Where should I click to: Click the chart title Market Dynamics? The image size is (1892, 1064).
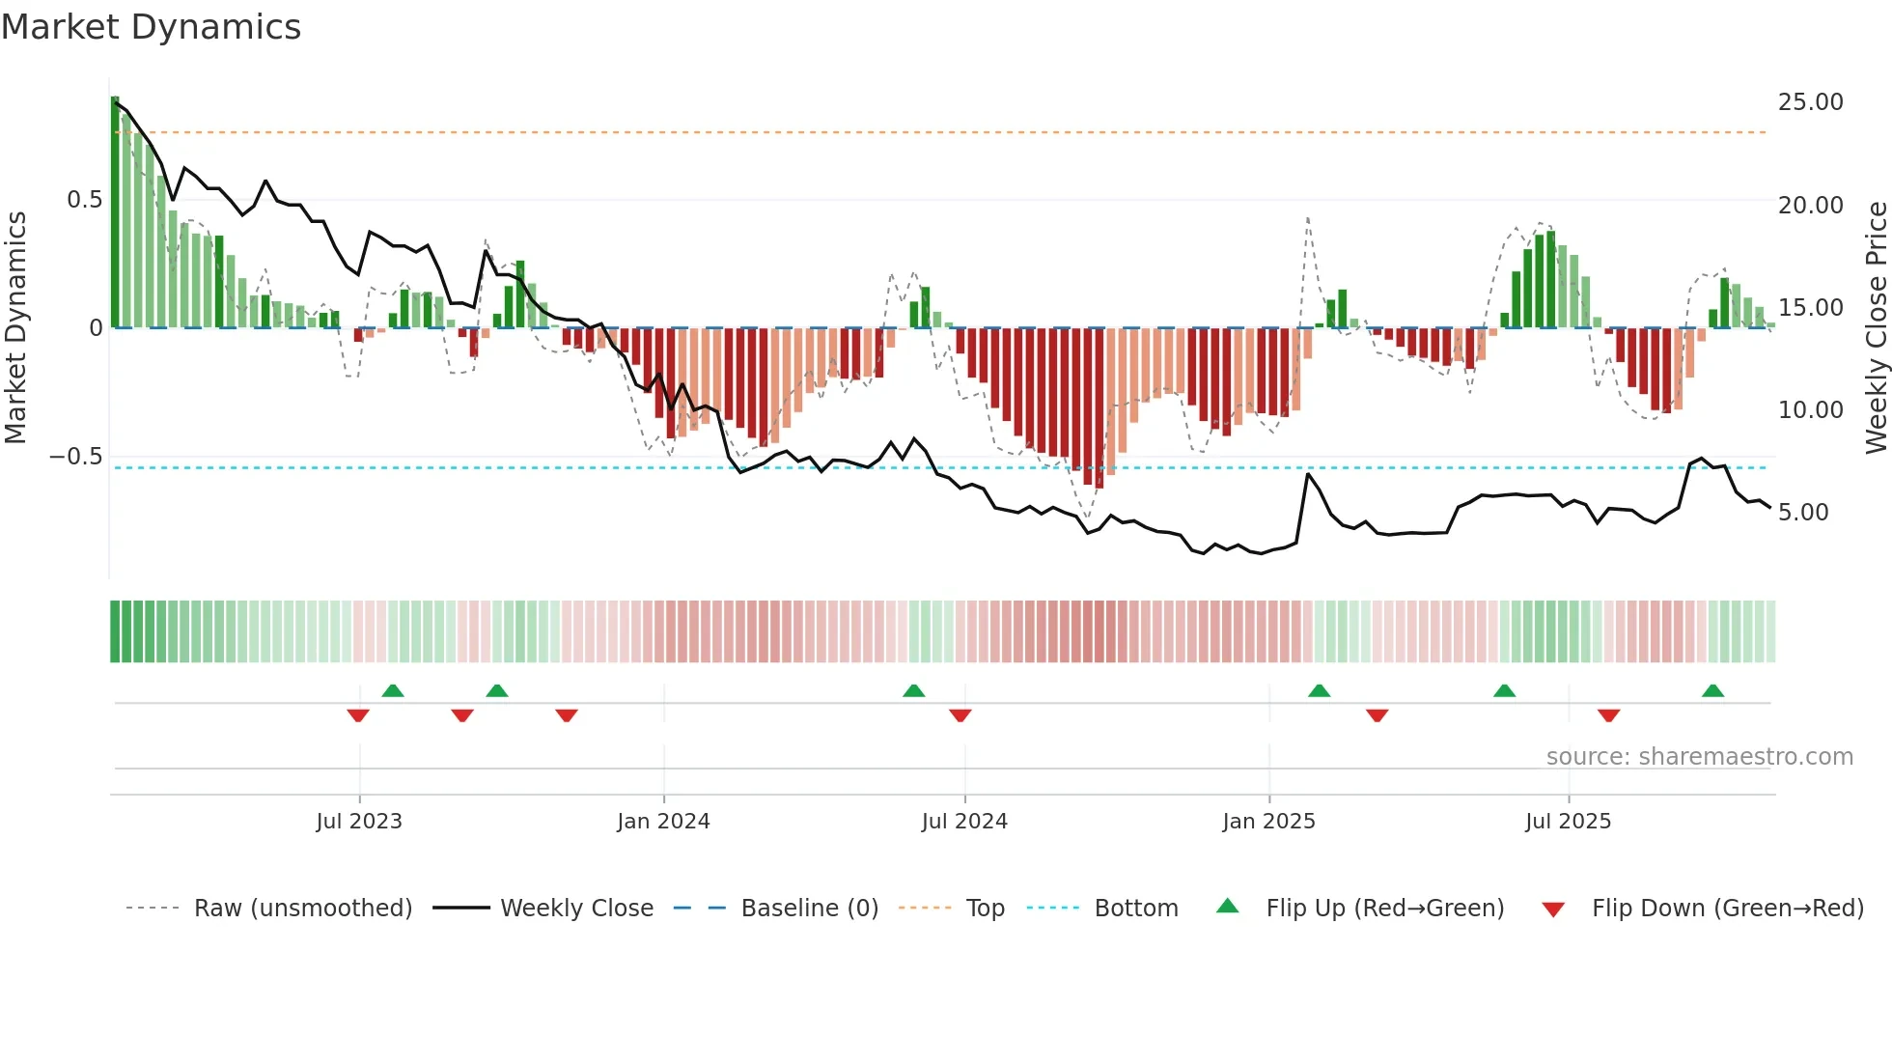pyautogui.click(x=152, y=27)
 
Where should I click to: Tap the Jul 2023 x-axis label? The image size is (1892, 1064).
pyautogui.click(x=359, y=822)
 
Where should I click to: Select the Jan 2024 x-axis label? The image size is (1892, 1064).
pyautogui.click(x=663, y=822)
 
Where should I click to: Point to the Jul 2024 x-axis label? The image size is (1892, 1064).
pyautogui.click(x=964, y=822)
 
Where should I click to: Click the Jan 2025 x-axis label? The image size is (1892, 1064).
pyautogui.click(x=1268, y=822)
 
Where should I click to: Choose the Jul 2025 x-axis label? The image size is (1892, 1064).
pyautogui.click(x=1569, y=822)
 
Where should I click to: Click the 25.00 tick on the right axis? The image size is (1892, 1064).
pyautogui.click(x=1810, y=102)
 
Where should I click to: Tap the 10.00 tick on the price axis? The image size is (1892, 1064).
pyautogui.click(x=1810, y=410)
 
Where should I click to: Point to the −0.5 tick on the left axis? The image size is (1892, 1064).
pyautogui.click(x=75, y=457)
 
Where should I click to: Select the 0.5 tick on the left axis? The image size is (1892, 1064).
pyautogui.click(x=84, y=200)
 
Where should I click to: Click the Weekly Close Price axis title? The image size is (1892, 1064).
pyautogui.click(x=1876, y=327)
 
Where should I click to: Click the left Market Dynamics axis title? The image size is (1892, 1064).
pyautogui.click(x=15, y=327)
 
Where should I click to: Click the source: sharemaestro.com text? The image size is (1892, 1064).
pyautogui.click(x=1699, y=757)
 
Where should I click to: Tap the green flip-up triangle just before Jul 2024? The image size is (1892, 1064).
pyautogui.click(x=913, y=690)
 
